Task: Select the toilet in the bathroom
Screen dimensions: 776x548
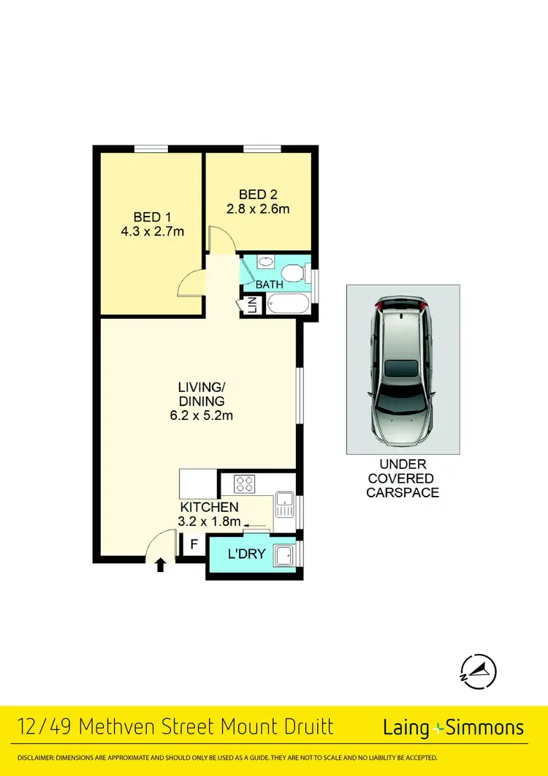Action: pyautogui.click(x=293, y=273)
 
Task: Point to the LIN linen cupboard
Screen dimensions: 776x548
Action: pyautogui.click(x=252, y=305)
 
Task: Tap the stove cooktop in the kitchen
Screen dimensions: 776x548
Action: pyautogui.click(x=243, y=483)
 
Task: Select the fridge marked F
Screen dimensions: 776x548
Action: pyautogui.click(x=194, y=544)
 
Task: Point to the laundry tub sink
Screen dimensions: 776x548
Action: pyautogui.click(x=284, y=556)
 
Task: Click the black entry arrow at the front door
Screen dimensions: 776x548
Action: pyautogui.click(x=161, y=564)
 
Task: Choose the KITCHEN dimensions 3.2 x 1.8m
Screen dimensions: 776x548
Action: pyautogui.click(x=210, y=521)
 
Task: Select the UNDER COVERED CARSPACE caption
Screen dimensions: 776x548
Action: pyautogui.click(x=403, y=478)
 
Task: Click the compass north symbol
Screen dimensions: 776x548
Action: pyautogui.click(x=478, y=670)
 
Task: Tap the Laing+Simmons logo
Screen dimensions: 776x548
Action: pyautogui.click(x=454, y=727)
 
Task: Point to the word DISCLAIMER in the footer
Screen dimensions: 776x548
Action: pyautogui.click(x=36, y=758)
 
